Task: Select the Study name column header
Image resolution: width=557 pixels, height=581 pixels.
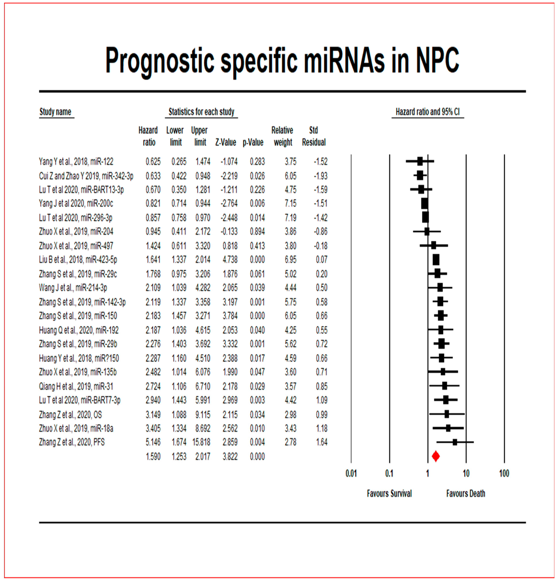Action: point(56,112)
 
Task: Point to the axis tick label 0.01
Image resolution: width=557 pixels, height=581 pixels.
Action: point(351,473)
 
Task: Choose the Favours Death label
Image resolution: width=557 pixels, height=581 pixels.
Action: point(466,493)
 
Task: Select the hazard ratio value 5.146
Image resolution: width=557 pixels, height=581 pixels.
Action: point(153,442)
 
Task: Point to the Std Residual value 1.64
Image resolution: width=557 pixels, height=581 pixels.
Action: point(321,442)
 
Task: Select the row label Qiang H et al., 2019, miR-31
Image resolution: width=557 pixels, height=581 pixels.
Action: point(76,387)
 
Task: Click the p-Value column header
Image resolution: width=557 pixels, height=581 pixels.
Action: point(253,143)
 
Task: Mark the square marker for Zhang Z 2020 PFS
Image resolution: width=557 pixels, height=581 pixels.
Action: point(455,442)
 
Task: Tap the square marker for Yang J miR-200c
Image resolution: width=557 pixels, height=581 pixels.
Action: point(424,204)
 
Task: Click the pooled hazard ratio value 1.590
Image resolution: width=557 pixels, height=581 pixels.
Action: point(153,457)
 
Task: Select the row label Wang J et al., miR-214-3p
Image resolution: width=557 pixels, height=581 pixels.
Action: point(73,287)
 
